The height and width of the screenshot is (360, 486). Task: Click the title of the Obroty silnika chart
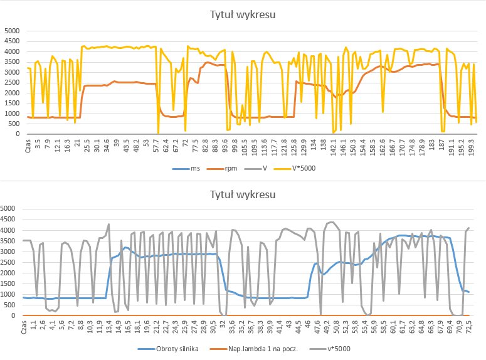click(243, 194)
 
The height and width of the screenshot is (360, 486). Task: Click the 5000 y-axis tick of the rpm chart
click(12, 31)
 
